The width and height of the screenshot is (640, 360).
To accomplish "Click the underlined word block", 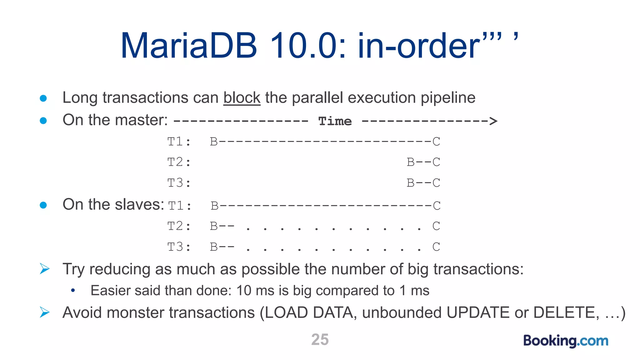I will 242,98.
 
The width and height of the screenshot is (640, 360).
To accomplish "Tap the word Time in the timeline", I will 335,121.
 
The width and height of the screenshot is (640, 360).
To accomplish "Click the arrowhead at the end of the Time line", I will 493,121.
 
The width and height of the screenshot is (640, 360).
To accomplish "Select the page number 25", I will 320,340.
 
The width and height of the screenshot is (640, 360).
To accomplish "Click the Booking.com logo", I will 566,341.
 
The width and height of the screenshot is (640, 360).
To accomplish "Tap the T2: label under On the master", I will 179,162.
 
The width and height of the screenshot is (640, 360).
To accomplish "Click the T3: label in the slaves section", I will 179,247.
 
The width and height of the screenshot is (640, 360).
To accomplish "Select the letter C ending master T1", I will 436,142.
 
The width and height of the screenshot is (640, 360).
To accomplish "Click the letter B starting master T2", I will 411,162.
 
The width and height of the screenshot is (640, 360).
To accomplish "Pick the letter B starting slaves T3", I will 214,247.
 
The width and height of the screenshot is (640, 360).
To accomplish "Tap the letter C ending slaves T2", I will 436,226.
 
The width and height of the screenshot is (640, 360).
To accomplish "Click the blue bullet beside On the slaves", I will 43,205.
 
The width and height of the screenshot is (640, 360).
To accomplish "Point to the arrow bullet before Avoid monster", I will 45,312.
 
